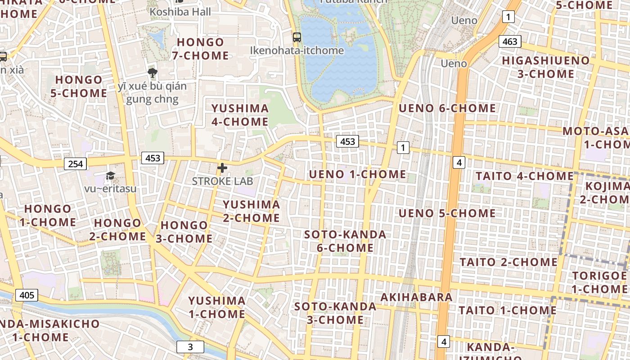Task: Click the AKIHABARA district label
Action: (x=416, y=297)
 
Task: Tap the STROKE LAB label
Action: (x=222, y=181)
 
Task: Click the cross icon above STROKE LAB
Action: (x=222, y=168)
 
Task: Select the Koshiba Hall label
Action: (x=180, y=12)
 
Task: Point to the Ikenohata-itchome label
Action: (x=297, y=50)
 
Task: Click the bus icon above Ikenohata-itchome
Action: (x=297, y=37)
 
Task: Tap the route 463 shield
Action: (x=509, y=42)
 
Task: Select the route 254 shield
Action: (x=75, y=164)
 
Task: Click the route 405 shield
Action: (x=27, y=295)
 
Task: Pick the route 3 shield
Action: (x=190, y=347)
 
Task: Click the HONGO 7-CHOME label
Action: (x=200, y=49)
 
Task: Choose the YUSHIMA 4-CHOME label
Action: (x=240, y=115)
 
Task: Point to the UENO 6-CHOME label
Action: (x=447, y=108)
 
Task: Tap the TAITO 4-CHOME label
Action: (x=525, y=176)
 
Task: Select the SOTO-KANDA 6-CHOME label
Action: (x=345, y=241)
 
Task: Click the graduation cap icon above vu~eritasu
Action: (x=110, y=176)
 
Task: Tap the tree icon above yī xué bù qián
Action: (x=153, y=72)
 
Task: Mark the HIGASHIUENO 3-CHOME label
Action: (x=545, y=67)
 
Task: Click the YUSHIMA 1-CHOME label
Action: (x=217, y=307)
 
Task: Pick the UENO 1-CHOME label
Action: (x=357, y=175)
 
